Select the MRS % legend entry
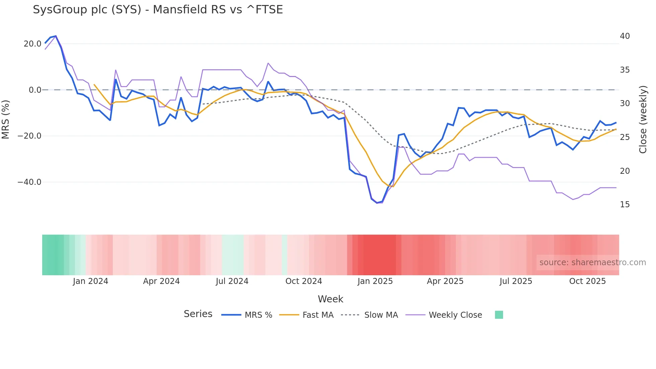258,315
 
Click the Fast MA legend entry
318,315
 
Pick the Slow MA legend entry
381,315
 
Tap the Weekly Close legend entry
455,315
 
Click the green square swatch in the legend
499,315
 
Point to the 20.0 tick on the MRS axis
32,44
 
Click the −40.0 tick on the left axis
29,182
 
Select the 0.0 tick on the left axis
35,90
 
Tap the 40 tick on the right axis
625,36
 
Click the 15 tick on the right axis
625,205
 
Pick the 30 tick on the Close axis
625,103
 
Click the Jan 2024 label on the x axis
90,281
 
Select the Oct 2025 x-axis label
587,281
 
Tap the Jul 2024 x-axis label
232,281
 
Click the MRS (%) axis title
6,119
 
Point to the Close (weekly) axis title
643,120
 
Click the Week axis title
330,299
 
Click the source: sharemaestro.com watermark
592,263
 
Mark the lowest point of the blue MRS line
377,203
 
